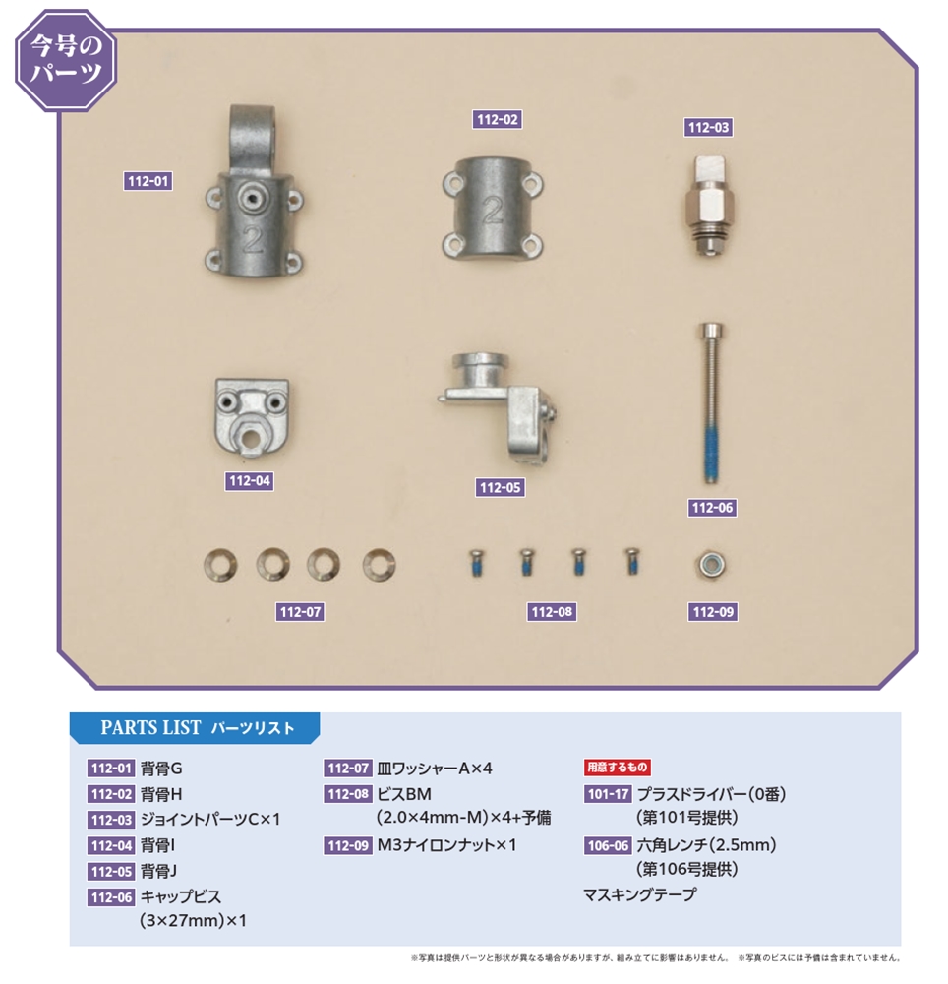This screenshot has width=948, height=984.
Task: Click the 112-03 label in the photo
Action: (708, 127)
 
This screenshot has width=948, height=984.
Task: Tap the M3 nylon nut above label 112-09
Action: (713, 564)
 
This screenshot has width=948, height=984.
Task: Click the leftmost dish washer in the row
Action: (220, 565)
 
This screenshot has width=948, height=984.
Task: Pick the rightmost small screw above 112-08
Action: (631, 561)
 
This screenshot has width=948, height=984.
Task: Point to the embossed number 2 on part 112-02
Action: (493, 211)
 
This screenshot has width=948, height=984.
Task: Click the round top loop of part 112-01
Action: (252, 132)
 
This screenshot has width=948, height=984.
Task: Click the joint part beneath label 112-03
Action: (708, 206)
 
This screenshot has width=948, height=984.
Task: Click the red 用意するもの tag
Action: (617, 767)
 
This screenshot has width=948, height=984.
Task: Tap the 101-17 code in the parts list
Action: (608, 794)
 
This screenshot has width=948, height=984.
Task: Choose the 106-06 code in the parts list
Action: (608, 845)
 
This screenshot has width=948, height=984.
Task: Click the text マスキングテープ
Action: (639, 894)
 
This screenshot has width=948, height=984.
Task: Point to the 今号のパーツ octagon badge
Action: (67, 60)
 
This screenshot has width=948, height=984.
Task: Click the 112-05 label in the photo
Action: (500, 488)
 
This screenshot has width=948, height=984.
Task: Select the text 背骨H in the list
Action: (161, 794)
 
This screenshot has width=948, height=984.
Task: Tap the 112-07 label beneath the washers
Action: (300, 612)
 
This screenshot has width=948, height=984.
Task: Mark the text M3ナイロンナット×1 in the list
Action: (446, 845)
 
